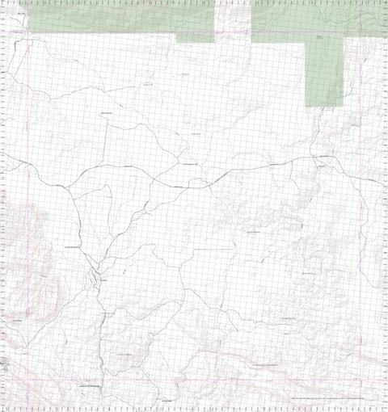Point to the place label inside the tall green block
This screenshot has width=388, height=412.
click(321, 38)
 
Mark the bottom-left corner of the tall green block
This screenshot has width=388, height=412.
click(306, 107)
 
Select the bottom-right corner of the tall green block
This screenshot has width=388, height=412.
click(344, 107)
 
